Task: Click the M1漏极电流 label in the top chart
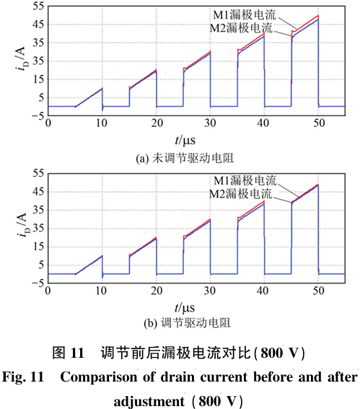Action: click(245, 15)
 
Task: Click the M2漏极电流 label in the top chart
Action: click(241, 27)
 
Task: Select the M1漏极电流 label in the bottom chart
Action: click(245, 180)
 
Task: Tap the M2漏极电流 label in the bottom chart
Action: click(240, 193)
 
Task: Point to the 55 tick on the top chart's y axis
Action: click(39, 6)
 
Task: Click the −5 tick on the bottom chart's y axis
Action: click(38, 283)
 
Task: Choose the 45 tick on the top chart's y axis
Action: click(39, 25)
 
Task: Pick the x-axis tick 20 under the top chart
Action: click(157, 123)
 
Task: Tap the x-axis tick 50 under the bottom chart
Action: click(319, 291)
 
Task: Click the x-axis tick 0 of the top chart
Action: click(48, 123)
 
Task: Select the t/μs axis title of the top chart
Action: click(185, 141)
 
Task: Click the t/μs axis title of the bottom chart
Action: click(185, 308)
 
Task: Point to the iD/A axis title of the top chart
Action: click(22, 59)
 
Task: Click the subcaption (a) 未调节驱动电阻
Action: click(185, 158)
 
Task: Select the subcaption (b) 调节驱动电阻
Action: click(187, 323)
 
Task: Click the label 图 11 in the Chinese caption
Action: click(69, 353)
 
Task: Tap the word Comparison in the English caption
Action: click(100, 377)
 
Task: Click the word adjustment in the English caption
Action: click(149, 400)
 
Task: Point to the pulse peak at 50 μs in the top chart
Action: click(318, 16)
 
